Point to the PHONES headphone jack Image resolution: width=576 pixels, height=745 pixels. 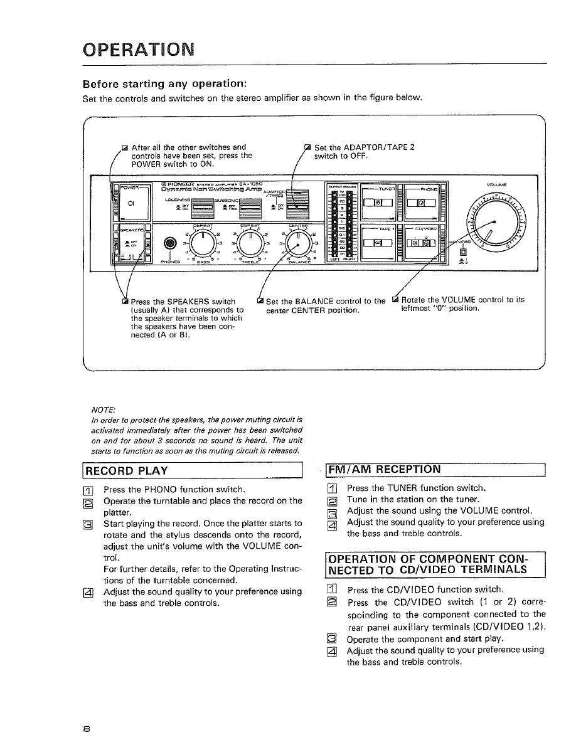tap(168, 244)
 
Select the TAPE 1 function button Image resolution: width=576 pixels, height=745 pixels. tap(377, 243)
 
